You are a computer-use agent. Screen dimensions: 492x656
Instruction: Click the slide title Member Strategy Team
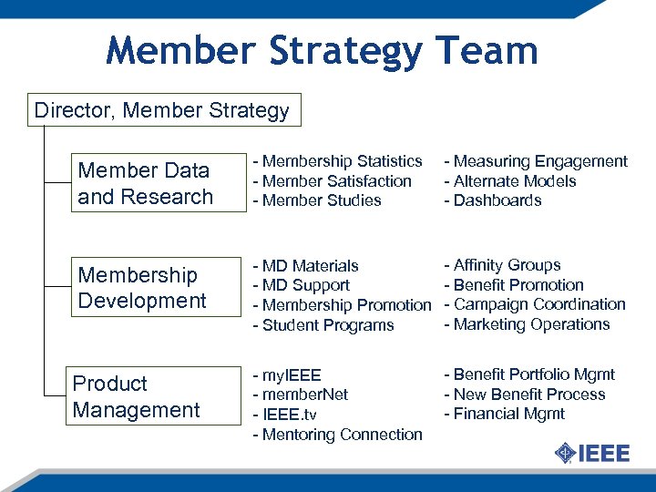[322, 51]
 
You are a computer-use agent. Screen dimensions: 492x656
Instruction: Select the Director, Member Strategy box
[162, 111]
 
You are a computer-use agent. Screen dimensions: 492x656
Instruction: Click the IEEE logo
[592, 453]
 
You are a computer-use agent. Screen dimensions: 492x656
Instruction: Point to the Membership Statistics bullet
[338, 161]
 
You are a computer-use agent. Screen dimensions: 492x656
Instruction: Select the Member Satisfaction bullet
[333, 181]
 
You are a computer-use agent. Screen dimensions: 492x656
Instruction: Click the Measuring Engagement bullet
[536, 161]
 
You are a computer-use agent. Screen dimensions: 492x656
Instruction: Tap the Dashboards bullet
[493, 200]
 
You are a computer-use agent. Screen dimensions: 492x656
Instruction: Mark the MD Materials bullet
[306, 266]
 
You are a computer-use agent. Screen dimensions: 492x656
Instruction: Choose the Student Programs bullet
[323, 325]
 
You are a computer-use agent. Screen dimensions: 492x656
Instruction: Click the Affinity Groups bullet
[502, 265]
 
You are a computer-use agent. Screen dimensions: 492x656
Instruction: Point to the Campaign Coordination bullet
[535, 304]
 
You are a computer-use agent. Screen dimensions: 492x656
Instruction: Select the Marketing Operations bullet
[527, 324]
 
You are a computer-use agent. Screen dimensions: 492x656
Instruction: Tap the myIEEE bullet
[287, 375]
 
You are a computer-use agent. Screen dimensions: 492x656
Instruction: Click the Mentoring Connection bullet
[338, 435]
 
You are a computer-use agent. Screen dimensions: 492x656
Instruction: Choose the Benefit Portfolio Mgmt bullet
[529, 374]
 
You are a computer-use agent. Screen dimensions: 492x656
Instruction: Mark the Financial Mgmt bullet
[504, 414]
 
